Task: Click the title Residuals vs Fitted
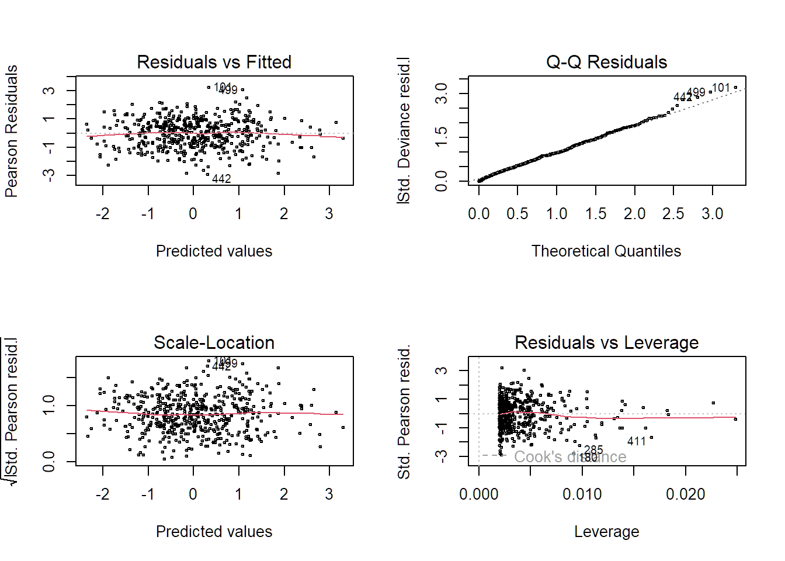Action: coord(214,62)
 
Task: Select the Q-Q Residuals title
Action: coord(606,62)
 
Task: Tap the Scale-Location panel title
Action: coord(214,342)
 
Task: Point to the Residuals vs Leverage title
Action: coord(606,342)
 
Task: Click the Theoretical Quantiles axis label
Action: coord(606,251)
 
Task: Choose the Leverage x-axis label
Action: coord(606,532)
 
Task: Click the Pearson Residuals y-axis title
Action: coord(12,131)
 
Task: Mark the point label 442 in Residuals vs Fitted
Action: coord(221,179)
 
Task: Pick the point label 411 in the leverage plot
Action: coord(637,442)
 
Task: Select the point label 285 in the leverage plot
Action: coord(593,450)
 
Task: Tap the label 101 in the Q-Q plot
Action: coord(721,88)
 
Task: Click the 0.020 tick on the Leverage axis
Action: coord(685,494)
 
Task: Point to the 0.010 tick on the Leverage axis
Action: coord(582,494)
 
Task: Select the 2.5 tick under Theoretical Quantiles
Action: coord(673,214)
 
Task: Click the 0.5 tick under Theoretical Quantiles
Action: coord(517,214)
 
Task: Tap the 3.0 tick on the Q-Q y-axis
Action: coord(442,93)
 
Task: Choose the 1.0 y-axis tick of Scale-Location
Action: coord(49,405)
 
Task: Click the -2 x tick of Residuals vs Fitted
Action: coord(102,214)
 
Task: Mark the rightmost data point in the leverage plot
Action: coord(735,419)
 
